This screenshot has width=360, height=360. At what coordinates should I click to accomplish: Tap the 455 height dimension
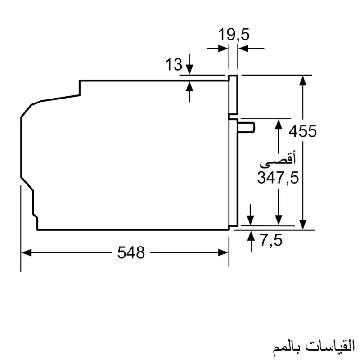click(303, 131)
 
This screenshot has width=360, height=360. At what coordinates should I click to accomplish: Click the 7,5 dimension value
click(270, 241)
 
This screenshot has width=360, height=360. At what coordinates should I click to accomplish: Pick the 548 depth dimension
click(131, 253)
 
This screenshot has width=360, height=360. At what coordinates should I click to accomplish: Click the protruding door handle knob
click(247, 128)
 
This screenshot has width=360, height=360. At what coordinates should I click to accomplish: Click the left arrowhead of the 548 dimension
click(26, 253)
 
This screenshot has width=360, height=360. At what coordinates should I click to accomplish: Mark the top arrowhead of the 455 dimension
click(304, 80)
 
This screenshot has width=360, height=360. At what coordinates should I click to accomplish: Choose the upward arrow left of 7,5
click(251, 239)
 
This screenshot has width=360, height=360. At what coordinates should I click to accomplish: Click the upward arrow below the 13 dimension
click(189, 90)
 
